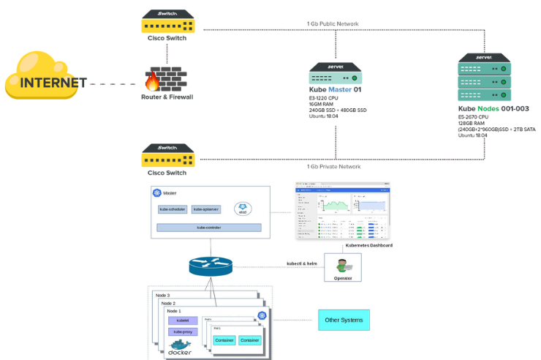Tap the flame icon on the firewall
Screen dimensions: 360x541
click(154, 79)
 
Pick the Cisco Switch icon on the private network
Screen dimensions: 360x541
click(167, 156)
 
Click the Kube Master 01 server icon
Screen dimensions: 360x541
click(336, 73)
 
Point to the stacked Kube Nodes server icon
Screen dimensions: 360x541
click(483, 77)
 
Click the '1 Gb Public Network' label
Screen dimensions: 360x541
click(333, 24)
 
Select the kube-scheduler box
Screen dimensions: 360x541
click(173, 209)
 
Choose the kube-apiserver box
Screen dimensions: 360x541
click(207, 209)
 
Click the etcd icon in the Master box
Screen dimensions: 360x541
click(243, 209)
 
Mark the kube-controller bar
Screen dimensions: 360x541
click(208, 228)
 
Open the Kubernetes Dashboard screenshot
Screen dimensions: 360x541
click(342, 211)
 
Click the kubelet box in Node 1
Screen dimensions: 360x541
click(182, 320)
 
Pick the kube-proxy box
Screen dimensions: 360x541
click(182, 331)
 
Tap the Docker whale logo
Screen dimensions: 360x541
click(180, 345)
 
